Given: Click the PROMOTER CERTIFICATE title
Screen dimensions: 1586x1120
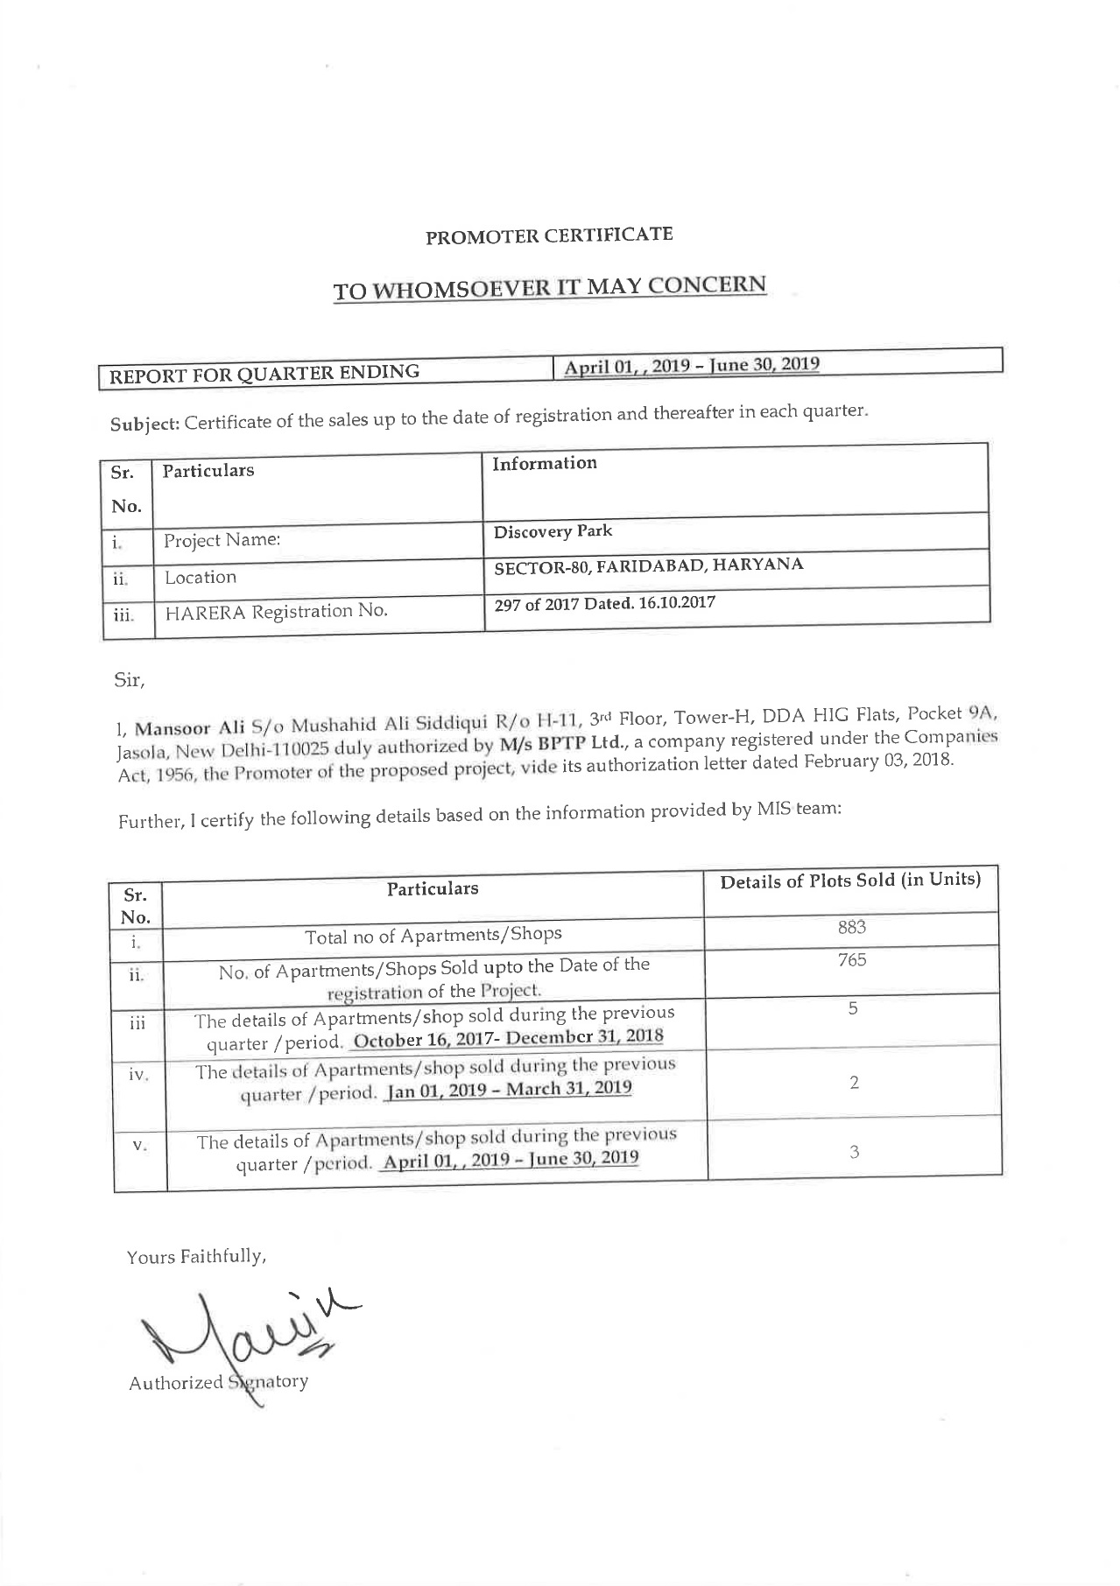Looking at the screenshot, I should click(x=549, y=235).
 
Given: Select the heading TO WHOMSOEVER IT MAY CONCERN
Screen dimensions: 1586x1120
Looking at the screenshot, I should click(x=549, y=287).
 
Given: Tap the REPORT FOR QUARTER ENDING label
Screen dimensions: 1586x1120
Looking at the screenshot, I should click(x=264, y=373).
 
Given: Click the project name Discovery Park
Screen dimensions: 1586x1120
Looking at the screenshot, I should click(x=553, y=531).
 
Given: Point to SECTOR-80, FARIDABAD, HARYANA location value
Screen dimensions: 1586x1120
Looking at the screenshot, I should click(x=648, y=565).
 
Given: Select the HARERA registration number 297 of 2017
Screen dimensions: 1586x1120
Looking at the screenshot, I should click(x=604, y=603).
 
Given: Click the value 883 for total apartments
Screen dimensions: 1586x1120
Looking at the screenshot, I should click(x=851, y=927).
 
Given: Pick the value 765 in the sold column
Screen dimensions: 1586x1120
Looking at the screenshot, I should click(x=851, y=960).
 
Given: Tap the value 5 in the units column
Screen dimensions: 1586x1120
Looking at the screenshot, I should click(x=852, y=1008).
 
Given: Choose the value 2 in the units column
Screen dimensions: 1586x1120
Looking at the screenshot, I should click(x=854, y=1082).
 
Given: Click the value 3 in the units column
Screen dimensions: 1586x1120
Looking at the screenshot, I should click(x=854, y=1152).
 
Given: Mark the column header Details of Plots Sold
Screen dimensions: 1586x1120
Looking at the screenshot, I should click(x=849, y=880).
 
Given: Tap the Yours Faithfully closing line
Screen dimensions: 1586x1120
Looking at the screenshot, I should click(x=196, y=1257).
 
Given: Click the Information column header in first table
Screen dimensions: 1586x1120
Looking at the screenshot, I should click(x=544, y=464).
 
